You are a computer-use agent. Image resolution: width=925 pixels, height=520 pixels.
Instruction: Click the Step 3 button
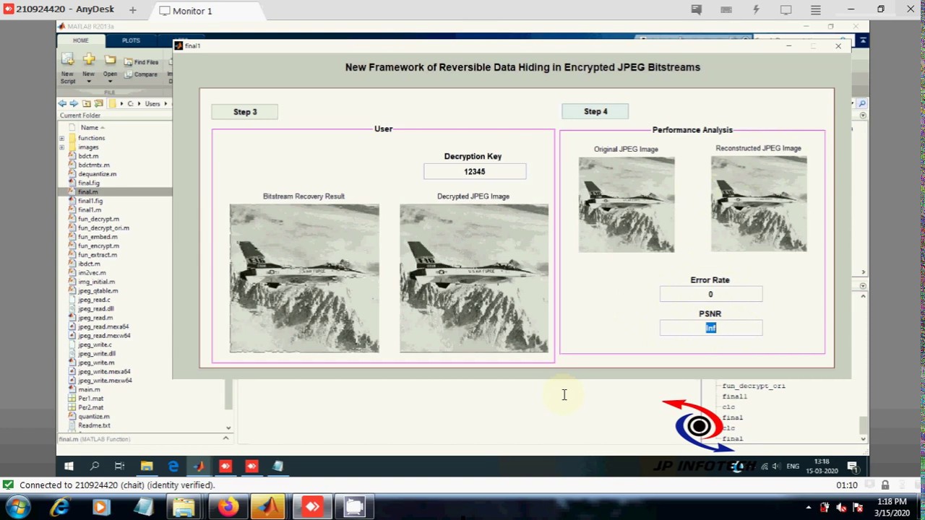pos(244,112)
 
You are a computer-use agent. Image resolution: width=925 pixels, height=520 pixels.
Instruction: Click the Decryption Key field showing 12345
pos(475,172)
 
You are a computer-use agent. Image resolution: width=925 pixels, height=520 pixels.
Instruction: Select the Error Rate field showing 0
pos(710,295)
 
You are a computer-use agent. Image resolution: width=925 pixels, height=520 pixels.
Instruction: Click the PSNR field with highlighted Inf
pos(710,329)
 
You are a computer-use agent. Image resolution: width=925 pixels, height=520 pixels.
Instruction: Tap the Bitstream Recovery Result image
pos(304,278)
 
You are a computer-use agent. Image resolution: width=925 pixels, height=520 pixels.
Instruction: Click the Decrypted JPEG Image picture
pos(474,278)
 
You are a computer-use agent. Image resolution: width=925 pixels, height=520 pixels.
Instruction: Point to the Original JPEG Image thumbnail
pos(627,205)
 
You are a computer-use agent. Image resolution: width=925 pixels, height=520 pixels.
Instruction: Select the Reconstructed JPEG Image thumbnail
pos(759,204)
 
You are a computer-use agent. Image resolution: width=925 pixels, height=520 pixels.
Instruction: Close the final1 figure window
pos(838,46)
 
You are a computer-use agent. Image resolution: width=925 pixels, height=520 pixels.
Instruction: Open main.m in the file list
pos(89,389)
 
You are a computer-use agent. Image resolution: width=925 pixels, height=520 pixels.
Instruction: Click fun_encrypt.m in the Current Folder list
pos(98,246)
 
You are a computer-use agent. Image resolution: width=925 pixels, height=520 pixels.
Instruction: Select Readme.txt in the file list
pos(94,425)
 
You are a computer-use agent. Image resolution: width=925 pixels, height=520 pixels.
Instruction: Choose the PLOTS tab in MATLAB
pos(131,40)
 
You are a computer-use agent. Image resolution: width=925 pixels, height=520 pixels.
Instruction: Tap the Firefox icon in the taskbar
pos(228,507)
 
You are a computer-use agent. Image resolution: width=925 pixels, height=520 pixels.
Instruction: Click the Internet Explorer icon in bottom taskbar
pos(59,507)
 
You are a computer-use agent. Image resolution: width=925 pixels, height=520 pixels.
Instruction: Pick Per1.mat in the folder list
pos(90,399)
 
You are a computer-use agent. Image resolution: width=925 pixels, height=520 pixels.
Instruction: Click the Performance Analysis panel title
pos(692,130)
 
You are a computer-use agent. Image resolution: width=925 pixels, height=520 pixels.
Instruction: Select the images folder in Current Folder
pos(88,147)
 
